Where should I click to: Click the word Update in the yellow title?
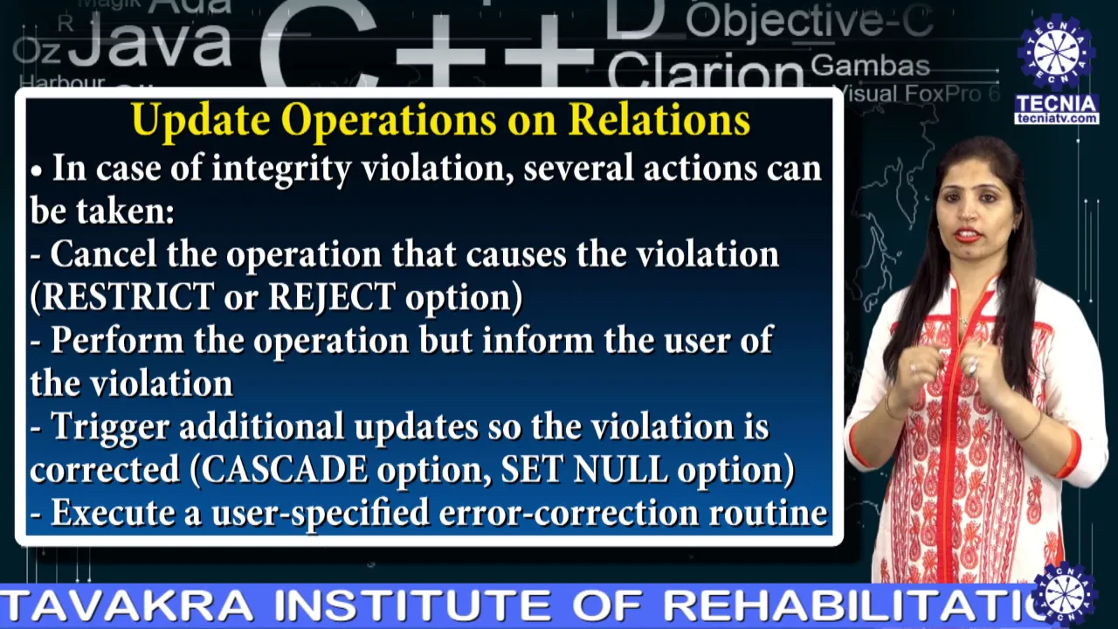click(x=201, y=121)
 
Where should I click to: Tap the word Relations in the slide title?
click(x=659, y=120)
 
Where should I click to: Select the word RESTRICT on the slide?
click(x=123, y=296)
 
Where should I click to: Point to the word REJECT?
click(x=331, y=296)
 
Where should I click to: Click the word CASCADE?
click(x=285, y=469)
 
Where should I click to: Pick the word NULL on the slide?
click(x=620, y=469)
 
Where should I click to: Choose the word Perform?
click(x=117, y=340)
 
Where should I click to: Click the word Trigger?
click(x=110, y=427)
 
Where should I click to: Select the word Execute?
click(x=114, y=513)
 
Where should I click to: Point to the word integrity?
click(x=281, y=169)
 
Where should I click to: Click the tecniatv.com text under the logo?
click(x=1057, y=118)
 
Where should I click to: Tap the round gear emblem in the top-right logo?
click(x=1056, y=52)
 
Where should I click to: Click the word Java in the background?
click(x=149, y=43)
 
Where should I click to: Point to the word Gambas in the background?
click(x=870, y=66)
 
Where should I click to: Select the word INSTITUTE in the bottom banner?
click(x=411, y=606)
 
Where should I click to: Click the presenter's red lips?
click(x=968, y=235)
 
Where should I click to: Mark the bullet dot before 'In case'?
click(x=36, y=170)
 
